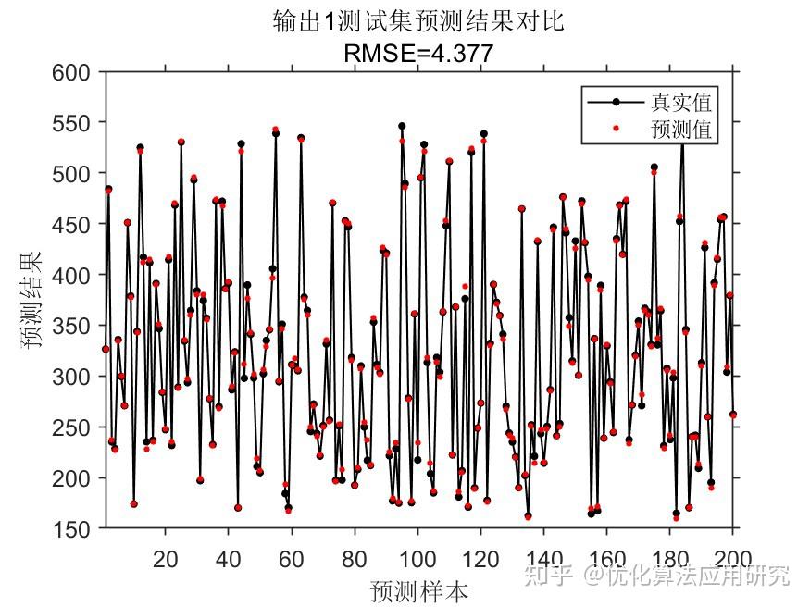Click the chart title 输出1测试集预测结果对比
[x=418, y=21]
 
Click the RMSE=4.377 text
[x=418, y=55]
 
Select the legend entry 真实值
[x=680, y=102]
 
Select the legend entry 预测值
[x=680, y=130]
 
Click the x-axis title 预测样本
[x=418, y=590]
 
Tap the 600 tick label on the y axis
[x=72, y=73]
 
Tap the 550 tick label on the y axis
[x=72, y=123]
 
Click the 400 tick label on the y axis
[x=72, y=276]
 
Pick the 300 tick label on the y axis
[x=72, y=378]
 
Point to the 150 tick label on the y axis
[x=72, y=529]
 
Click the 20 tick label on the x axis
[x=166, y=558]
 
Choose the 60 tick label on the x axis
[x=292, y=558]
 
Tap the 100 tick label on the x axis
[x=417, y=558]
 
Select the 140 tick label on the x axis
[x=543, y=558]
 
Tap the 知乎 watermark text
[x=546, y=576]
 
